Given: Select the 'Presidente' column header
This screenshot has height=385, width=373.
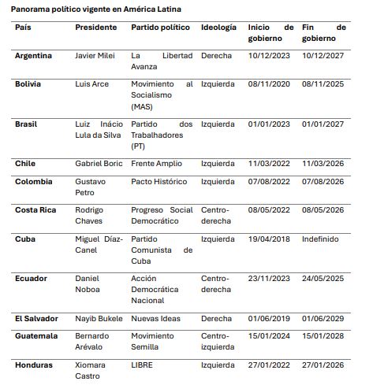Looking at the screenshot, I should point(96,27).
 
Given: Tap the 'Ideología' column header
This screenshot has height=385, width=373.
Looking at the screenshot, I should point(218,27).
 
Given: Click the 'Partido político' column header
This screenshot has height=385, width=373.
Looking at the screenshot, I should point(160,27).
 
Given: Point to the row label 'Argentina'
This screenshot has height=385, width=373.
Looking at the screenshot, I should point(34,56).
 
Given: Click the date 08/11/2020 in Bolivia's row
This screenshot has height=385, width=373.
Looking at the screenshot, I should point(269,83).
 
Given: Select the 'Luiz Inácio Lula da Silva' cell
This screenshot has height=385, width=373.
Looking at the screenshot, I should point(98,129).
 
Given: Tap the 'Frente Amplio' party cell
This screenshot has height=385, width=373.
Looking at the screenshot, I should point(156,163).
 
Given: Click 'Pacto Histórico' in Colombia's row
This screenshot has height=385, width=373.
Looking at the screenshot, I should point(159,181).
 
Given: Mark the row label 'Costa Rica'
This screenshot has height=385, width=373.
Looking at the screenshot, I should point(35,209).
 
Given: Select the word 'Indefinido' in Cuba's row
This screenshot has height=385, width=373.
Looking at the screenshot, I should point(320,239).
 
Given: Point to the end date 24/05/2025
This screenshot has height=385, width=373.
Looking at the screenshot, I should point(324,278).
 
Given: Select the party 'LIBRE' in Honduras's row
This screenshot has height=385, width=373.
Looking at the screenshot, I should point(143,364).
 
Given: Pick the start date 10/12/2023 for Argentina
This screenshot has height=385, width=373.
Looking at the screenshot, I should point(269,56).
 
